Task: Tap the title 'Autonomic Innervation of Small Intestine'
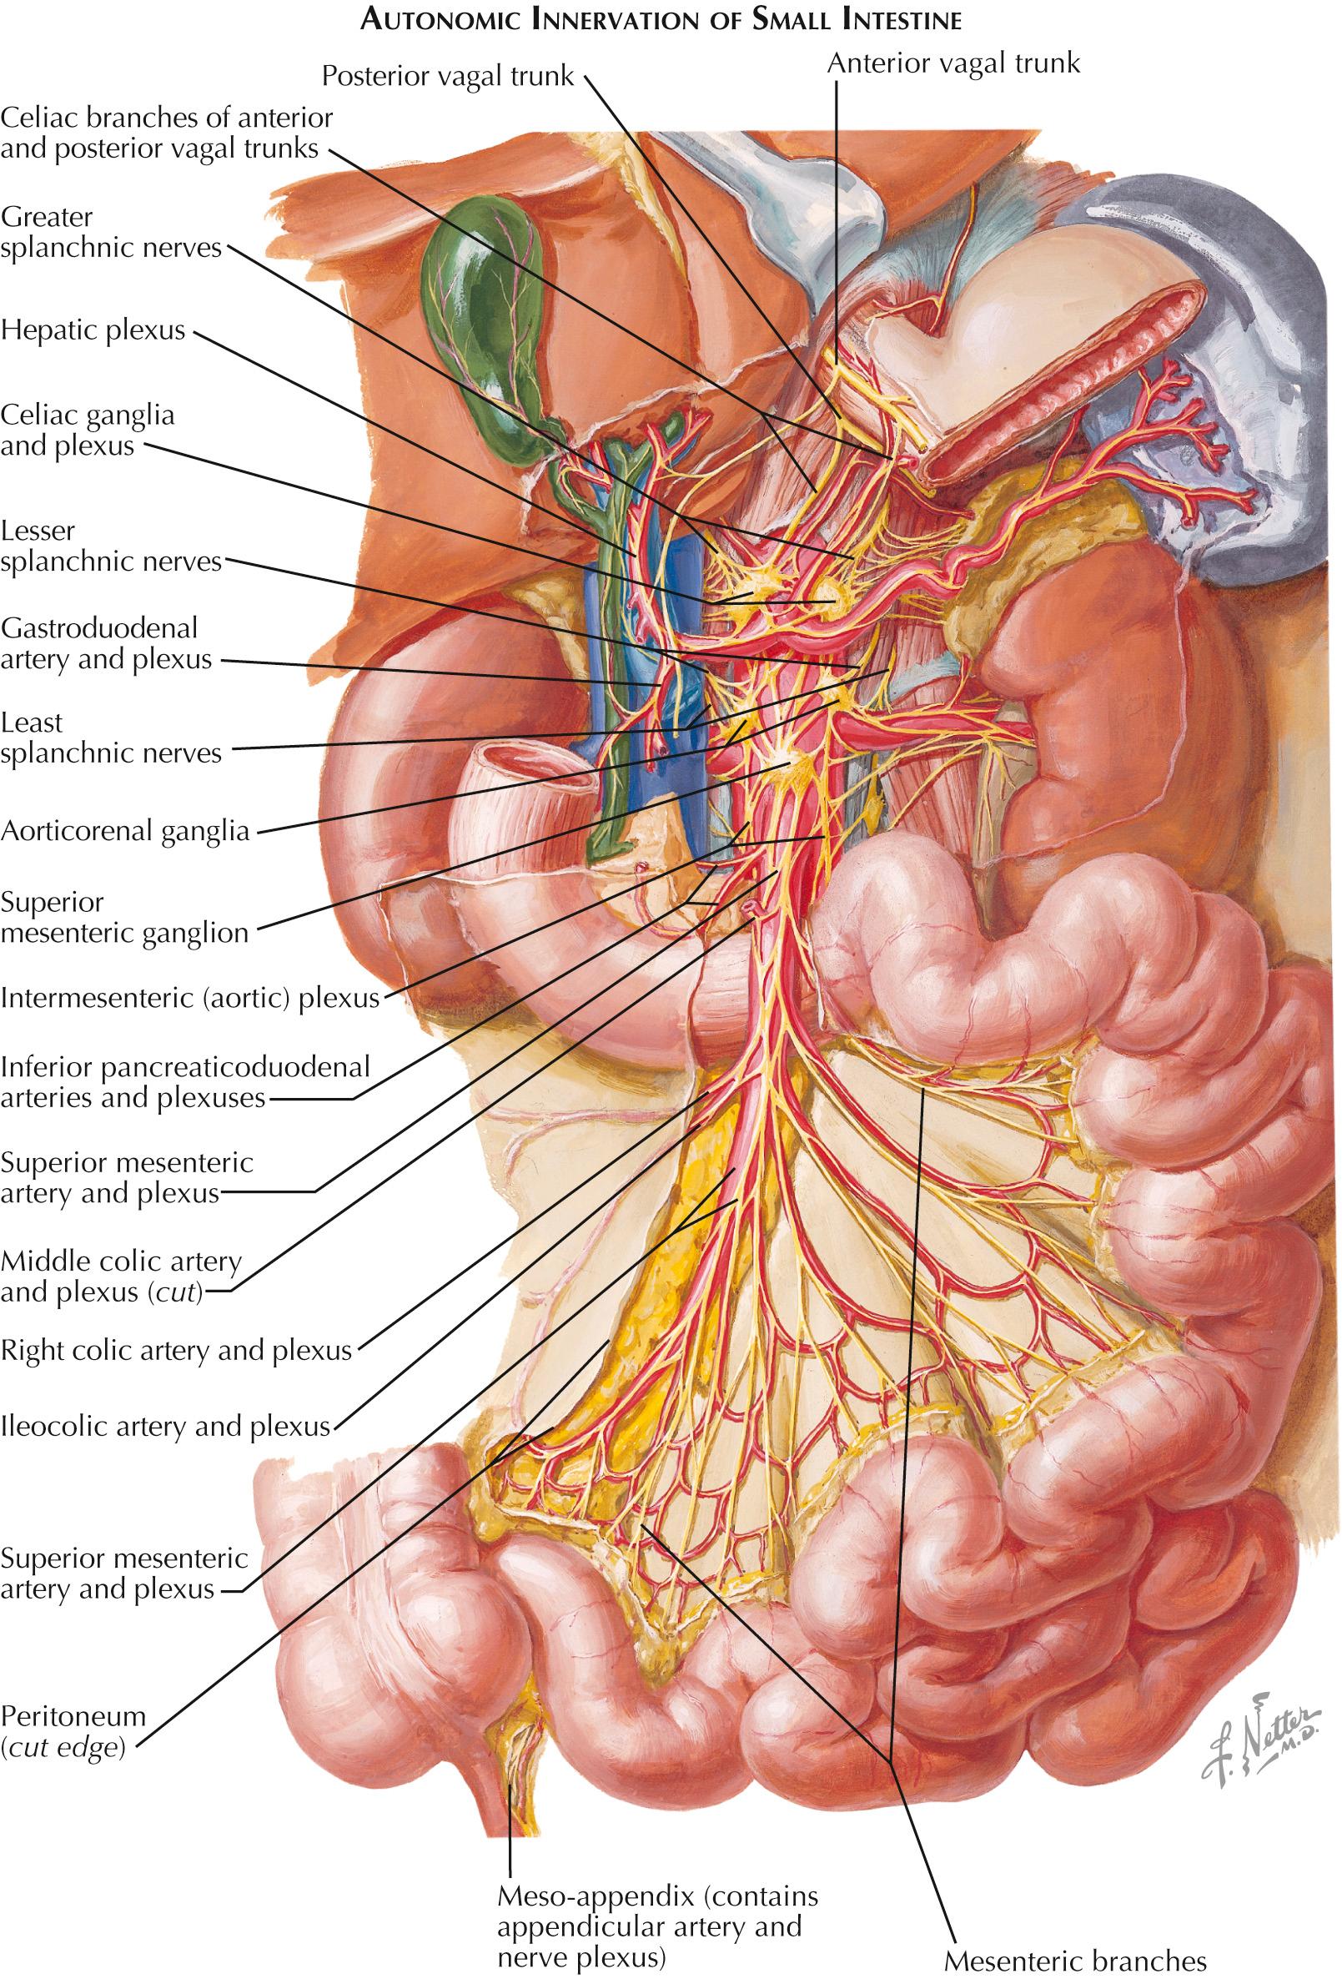[x=661, y=20]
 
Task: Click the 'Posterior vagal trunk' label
[x=448, y=77]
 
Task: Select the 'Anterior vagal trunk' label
[x=952, y=63]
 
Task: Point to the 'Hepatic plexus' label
[x=93, y=330]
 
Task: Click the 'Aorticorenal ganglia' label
[x=125, y=831]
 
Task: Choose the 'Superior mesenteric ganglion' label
[x=124, y=917]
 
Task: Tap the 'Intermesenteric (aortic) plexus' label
[x=189, y=997]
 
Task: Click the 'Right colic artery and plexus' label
[x=176, y=1350]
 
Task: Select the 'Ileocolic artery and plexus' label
[x=165, y=1426]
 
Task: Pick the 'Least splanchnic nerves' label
[x=112, y=738]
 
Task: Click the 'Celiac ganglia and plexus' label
[x=88, y=430]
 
